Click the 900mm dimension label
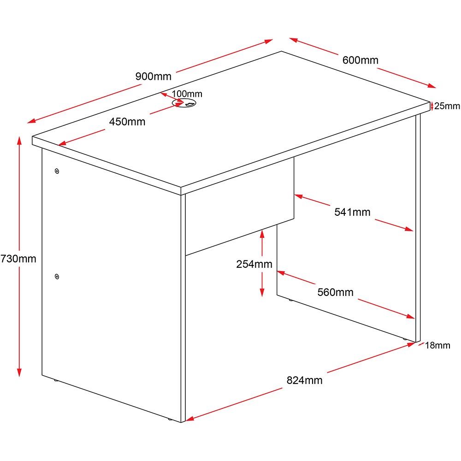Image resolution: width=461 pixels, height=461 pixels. (153, 77)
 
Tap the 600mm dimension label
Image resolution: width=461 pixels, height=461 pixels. (360, 60)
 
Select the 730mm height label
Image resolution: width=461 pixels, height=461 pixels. (18, 259)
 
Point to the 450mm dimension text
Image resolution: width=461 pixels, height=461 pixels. (127, 122)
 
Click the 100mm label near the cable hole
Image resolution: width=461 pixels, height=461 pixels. (187, 94)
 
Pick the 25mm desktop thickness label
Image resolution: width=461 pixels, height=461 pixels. (447, 106)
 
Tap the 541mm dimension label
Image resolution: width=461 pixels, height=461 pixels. (352, 212)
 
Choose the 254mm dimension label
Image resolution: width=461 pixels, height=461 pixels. (254, 264)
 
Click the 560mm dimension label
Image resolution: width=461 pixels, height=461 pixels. (336, 292)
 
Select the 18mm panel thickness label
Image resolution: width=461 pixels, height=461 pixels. (437, 345)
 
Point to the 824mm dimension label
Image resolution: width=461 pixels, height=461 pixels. (304, 380)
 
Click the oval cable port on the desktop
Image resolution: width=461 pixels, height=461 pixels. (184, 103)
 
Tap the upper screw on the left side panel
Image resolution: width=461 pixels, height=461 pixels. (57, 171)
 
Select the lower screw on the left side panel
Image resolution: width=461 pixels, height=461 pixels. (57, 277)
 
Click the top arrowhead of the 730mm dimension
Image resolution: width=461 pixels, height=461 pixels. (19, 141)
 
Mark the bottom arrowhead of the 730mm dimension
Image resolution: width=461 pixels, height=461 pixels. (19, 372)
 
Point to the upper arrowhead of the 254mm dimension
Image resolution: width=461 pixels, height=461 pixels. (262, 234)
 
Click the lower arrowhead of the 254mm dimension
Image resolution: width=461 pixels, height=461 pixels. (262, 292)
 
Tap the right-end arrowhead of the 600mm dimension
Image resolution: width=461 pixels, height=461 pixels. (431, 86)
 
